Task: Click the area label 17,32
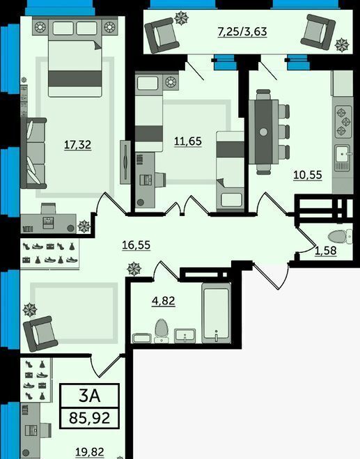pyautogui.click(x=77, y=145)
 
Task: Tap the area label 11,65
pyautogui.click(x=188, y=141)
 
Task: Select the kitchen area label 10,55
pyautogui.click(x=308, y=175)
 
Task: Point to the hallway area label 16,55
pyautogui.click(x=136, y=245)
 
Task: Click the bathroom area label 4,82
pyautogui.click(x=164, y=301)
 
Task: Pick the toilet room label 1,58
pyautogui.click(x=325, y=251)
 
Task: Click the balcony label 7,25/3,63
pyautogui.click(x=242, y=31)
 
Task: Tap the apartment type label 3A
pyautogui.click(x=89, y=396)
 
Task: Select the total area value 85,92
pyautogui.click(x=90, y=418)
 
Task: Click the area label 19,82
pyautogui.click(x=90, y=452)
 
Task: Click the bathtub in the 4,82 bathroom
pyautogui.click(x=217, y=313)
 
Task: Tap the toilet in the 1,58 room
pyautogui.click(x=341, y=237)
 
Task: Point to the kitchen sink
pyautogui.click(x=343, y=158)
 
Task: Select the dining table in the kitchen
pyautogui.click(x=263, y=132)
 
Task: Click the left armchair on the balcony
pyautogui.click(x=162, y=34)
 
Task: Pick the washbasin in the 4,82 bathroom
pyautogui.click(x=185, y=336)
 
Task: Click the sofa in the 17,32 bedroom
pyautogui.click(x=33, y=153)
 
